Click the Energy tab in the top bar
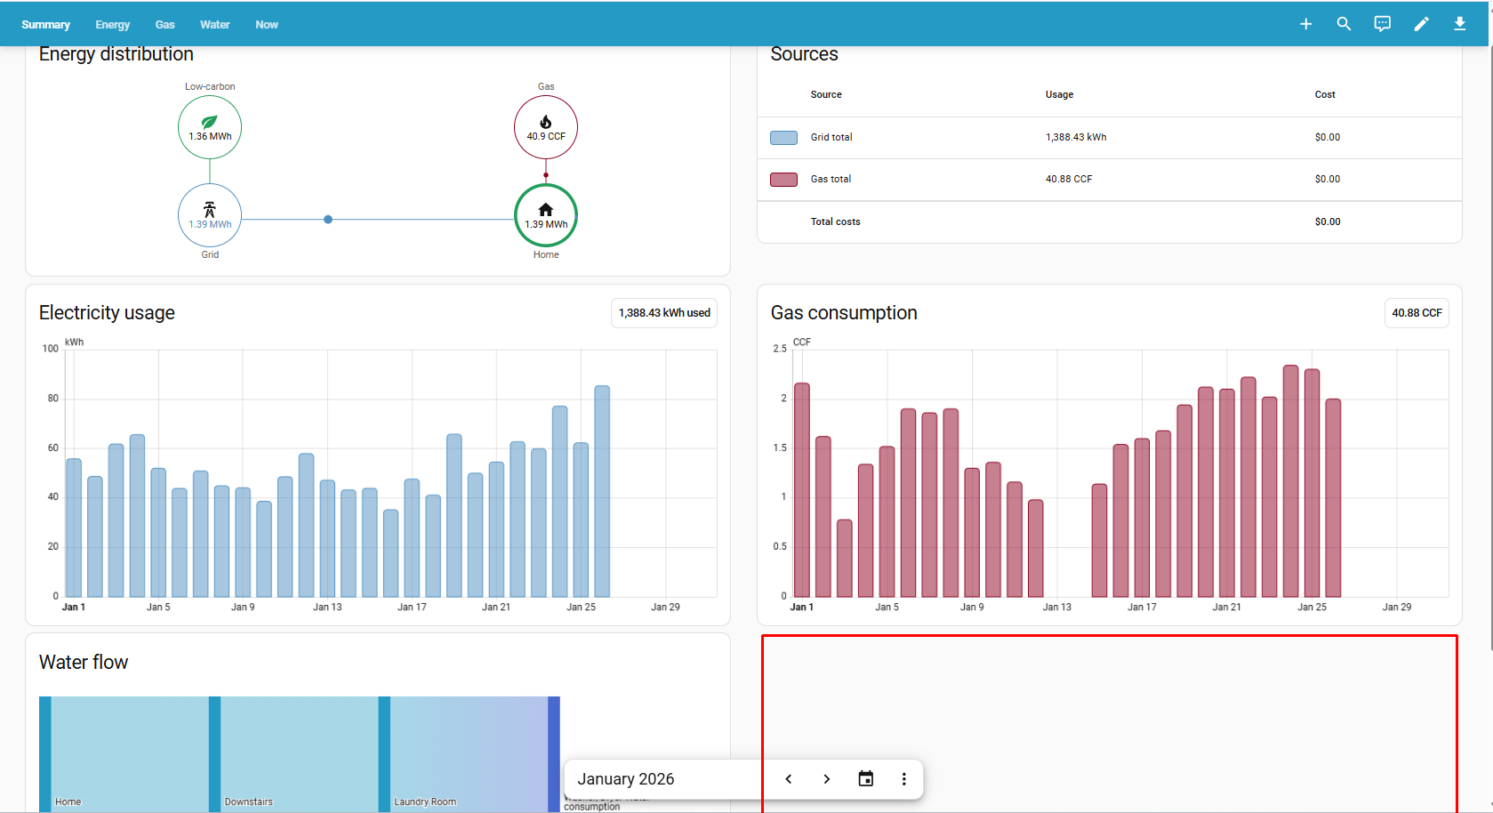112,25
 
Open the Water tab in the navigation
214,25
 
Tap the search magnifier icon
1344,24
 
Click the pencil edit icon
1421,24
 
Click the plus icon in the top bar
1305,24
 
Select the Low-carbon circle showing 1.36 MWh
210,127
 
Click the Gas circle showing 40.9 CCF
546,127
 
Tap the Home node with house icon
546,215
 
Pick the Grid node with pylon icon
210,215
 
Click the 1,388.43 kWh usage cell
1076,137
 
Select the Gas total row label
831,179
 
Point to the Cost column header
1324,94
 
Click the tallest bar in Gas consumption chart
1290,480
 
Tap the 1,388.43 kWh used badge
664,313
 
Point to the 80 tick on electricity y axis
53,398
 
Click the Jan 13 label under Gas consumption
1056,607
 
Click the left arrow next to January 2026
789,779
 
